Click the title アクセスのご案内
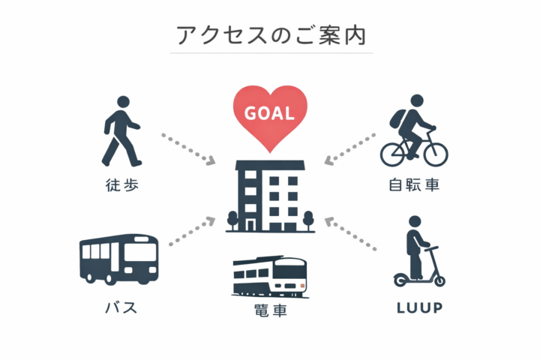click(271, 35)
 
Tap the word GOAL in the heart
click(269, 113)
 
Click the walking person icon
click(122, 131)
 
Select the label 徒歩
click(122, 185)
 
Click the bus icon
click(119, 259)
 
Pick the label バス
click(121, 307)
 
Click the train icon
click(270, 276)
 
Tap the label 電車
click(270, 310)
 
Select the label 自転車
click(414, 184)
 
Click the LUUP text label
click(419, 307)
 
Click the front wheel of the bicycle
click(436, 154)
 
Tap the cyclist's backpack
click(397, 119)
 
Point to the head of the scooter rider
click(415, 222)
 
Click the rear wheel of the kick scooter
click(400, 280)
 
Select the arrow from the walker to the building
click(188, 149)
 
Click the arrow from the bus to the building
click(192, 231)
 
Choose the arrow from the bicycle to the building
click(350, 148)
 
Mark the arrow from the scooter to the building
click(350, 233)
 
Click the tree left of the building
click(232, 220)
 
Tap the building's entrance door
click(250, 225)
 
